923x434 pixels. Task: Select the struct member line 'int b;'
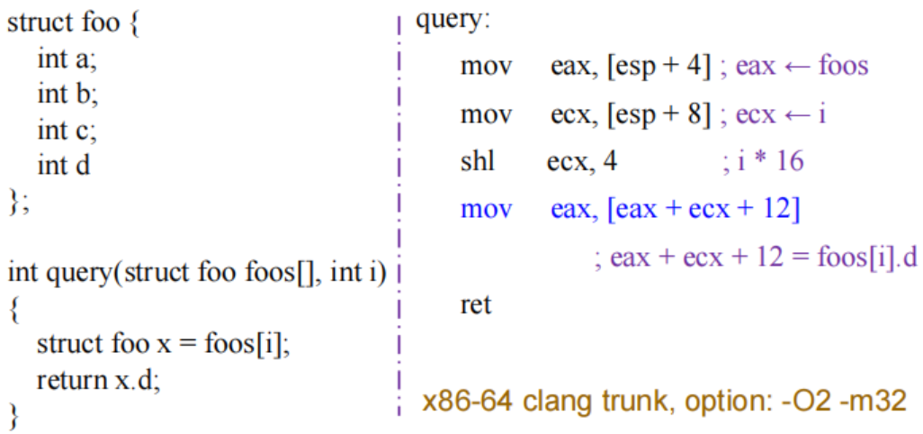point(67,94)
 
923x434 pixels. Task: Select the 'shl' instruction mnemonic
point(477,162)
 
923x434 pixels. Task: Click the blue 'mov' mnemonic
point(486,210)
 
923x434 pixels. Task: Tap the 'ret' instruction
point(476,305)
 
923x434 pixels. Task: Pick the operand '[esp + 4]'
point(660,67)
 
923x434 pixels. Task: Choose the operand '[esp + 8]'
point(660,114)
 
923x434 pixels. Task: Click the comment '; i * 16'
point(763,162)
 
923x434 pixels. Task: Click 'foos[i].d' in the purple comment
point(864,258)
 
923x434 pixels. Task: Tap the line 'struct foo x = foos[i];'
point(162,344)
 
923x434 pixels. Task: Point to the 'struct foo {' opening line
point(73,23)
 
